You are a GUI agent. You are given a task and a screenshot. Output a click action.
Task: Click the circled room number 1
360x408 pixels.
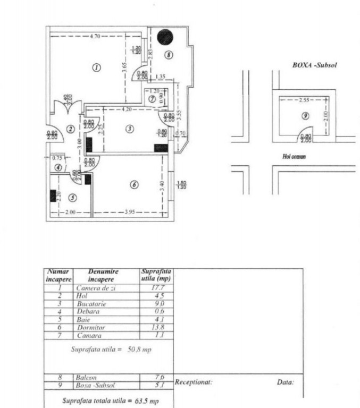pyautogui.click(x=96, y=67)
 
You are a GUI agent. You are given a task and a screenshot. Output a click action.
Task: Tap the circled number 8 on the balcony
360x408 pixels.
pyautogui.click(x=169, y=54)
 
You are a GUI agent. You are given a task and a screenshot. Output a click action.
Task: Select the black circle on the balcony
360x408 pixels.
pyautogui.click(x=165, y=37)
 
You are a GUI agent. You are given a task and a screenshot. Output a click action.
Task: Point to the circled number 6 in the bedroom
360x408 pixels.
pyautogui.click(x=134, y=184)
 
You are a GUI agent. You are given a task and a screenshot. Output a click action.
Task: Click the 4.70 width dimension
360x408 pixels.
pyautogui.click(x=95, y=36)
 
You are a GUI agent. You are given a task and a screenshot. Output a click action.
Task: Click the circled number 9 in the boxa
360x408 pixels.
pyautogui.click(x=305, y=116)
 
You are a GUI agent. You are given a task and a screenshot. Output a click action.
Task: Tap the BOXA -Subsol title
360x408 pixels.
pyautogui.click(x=315, y=65)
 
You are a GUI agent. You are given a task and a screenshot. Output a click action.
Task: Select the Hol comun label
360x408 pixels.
pyautogui.click(x=294, y=157)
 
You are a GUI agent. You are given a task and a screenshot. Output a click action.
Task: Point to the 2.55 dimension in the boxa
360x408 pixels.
pyautogui.click(x=304, y=99)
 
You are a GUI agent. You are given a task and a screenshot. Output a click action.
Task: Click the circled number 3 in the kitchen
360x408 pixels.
pyautogui.click(x=129, y=130)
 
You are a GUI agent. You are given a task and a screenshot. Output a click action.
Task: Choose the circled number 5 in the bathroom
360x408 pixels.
pyautogui.click(x=72, y=198)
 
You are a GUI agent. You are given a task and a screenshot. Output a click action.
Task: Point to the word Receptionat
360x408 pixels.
pyautogui.click(x=194, y=381)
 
